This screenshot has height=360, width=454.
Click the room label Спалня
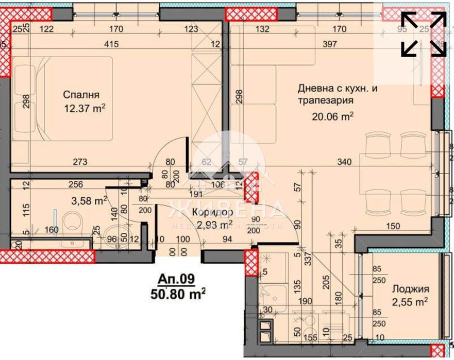(81, 95)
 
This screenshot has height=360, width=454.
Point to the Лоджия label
(410, 289)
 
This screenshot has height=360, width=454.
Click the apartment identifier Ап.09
(177, 279)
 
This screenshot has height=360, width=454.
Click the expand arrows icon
(424, 34)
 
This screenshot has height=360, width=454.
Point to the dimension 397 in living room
(329, 45)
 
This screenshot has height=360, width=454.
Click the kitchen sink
(268, 296)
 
